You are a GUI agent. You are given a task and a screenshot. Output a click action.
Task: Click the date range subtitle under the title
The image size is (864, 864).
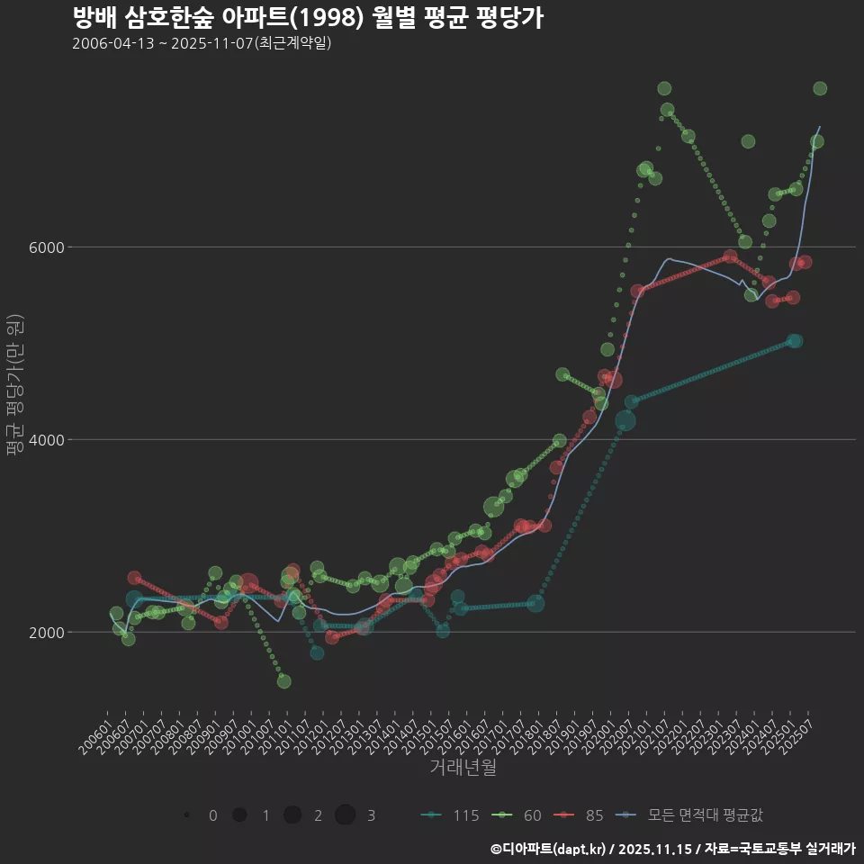[x=202, y=43]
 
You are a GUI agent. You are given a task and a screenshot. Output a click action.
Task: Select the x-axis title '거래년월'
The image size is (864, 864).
[x=463, y=767]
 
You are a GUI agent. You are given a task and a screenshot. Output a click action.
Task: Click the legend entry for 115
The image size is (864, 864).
[x=449, y=815]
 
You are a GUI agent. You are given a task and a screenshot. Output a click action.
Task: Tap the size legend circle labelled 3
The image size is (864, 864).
[x=345, y=815]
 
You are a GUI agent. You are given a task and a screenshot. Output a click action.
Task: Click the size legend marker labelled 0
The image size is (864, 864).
[x=186, y=815]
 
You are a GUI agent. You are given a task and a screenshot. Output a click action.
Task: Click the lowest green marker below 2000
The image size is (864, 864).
[x=283, y=681]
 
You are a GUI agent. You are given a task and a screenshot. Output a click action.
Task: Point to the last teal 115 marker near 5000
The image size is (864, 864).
[x=795, y=341]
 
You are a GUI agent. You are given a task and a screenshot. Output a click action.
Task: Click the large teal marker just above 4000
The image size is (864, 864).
[x=625, y=420]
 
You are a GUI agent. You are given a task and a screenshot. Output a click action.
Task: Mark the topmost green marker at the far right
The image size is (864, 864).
[x=820, y=88]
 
